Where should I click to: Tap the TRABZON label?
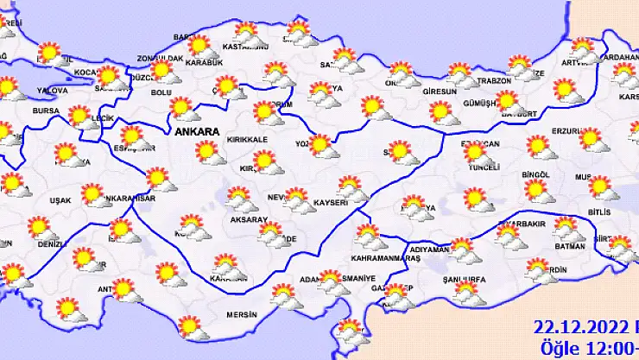pyautogui.click(x=496, y=81)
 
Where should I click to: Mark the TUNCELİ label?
pyautogui.click(x=483, y=167)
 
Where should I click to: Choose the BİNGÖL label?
pyautogui.click(x=536, y=174)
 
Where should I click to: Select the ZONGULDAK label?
pyautogui.click(x=161, y=59)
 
